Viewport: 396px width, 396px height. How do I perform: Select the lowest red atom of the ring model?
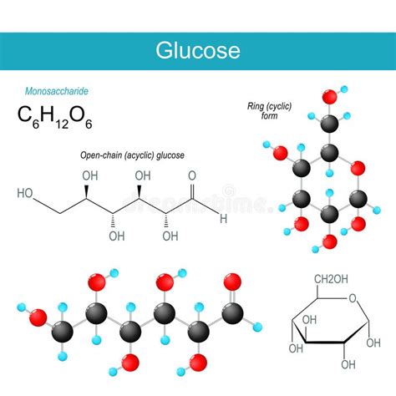click(328, 241)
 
